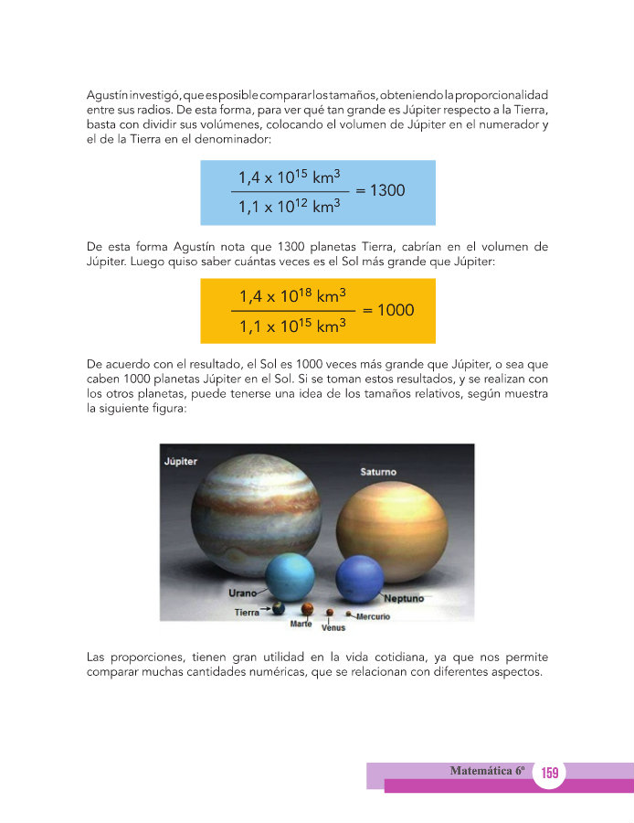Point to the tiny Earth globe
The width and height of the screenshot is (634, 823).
click(x=278, y=608)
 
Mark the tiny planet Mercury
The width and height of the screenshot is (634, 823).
click(x=349, y=614)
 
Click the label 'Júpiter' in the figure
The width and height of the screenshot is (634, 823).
click(x=180, y=461)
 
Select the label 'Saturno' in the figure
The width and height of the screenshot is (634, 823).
click(x=377, y=473)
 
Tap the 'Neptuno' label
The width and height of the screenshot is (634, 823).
click(x=403, y=599)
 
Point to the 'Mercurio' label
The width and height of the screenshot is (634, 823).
click(x=373, y=617)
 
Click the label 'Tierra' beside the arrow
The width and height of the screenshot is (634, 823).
click(x=247, y=612)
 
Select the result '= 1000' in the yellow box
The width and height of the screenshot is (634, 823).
click(x=387, y=310)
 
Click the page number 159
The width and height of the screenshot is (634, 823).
click(x=549, y=774)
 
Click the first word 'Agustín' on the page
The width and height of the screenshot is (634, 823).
click(x=107, y=95)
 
